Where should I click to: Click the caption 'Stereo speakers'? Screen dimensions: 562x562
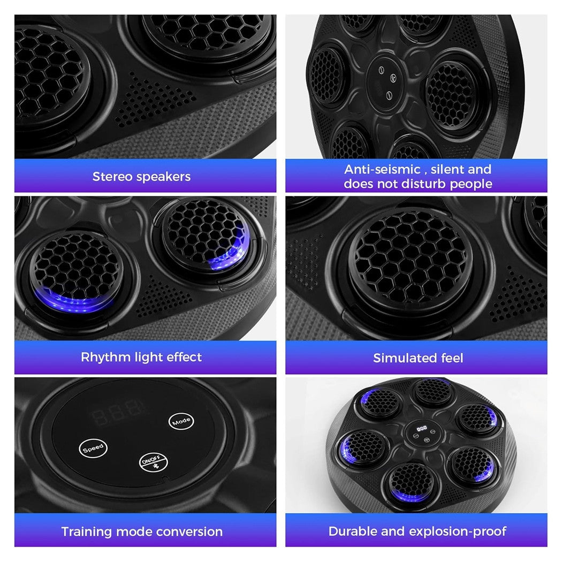point(141,176)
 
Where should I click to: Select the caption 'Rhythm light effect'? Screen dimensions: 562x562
point(141,357)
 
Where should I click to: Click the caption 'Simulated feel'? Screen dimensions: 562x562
point(418,358)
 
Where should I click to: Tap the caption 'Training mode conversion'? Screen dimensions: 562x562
point(142,531)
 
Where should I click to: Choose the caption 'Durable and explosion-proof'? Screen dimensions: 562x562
point(417,531)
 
